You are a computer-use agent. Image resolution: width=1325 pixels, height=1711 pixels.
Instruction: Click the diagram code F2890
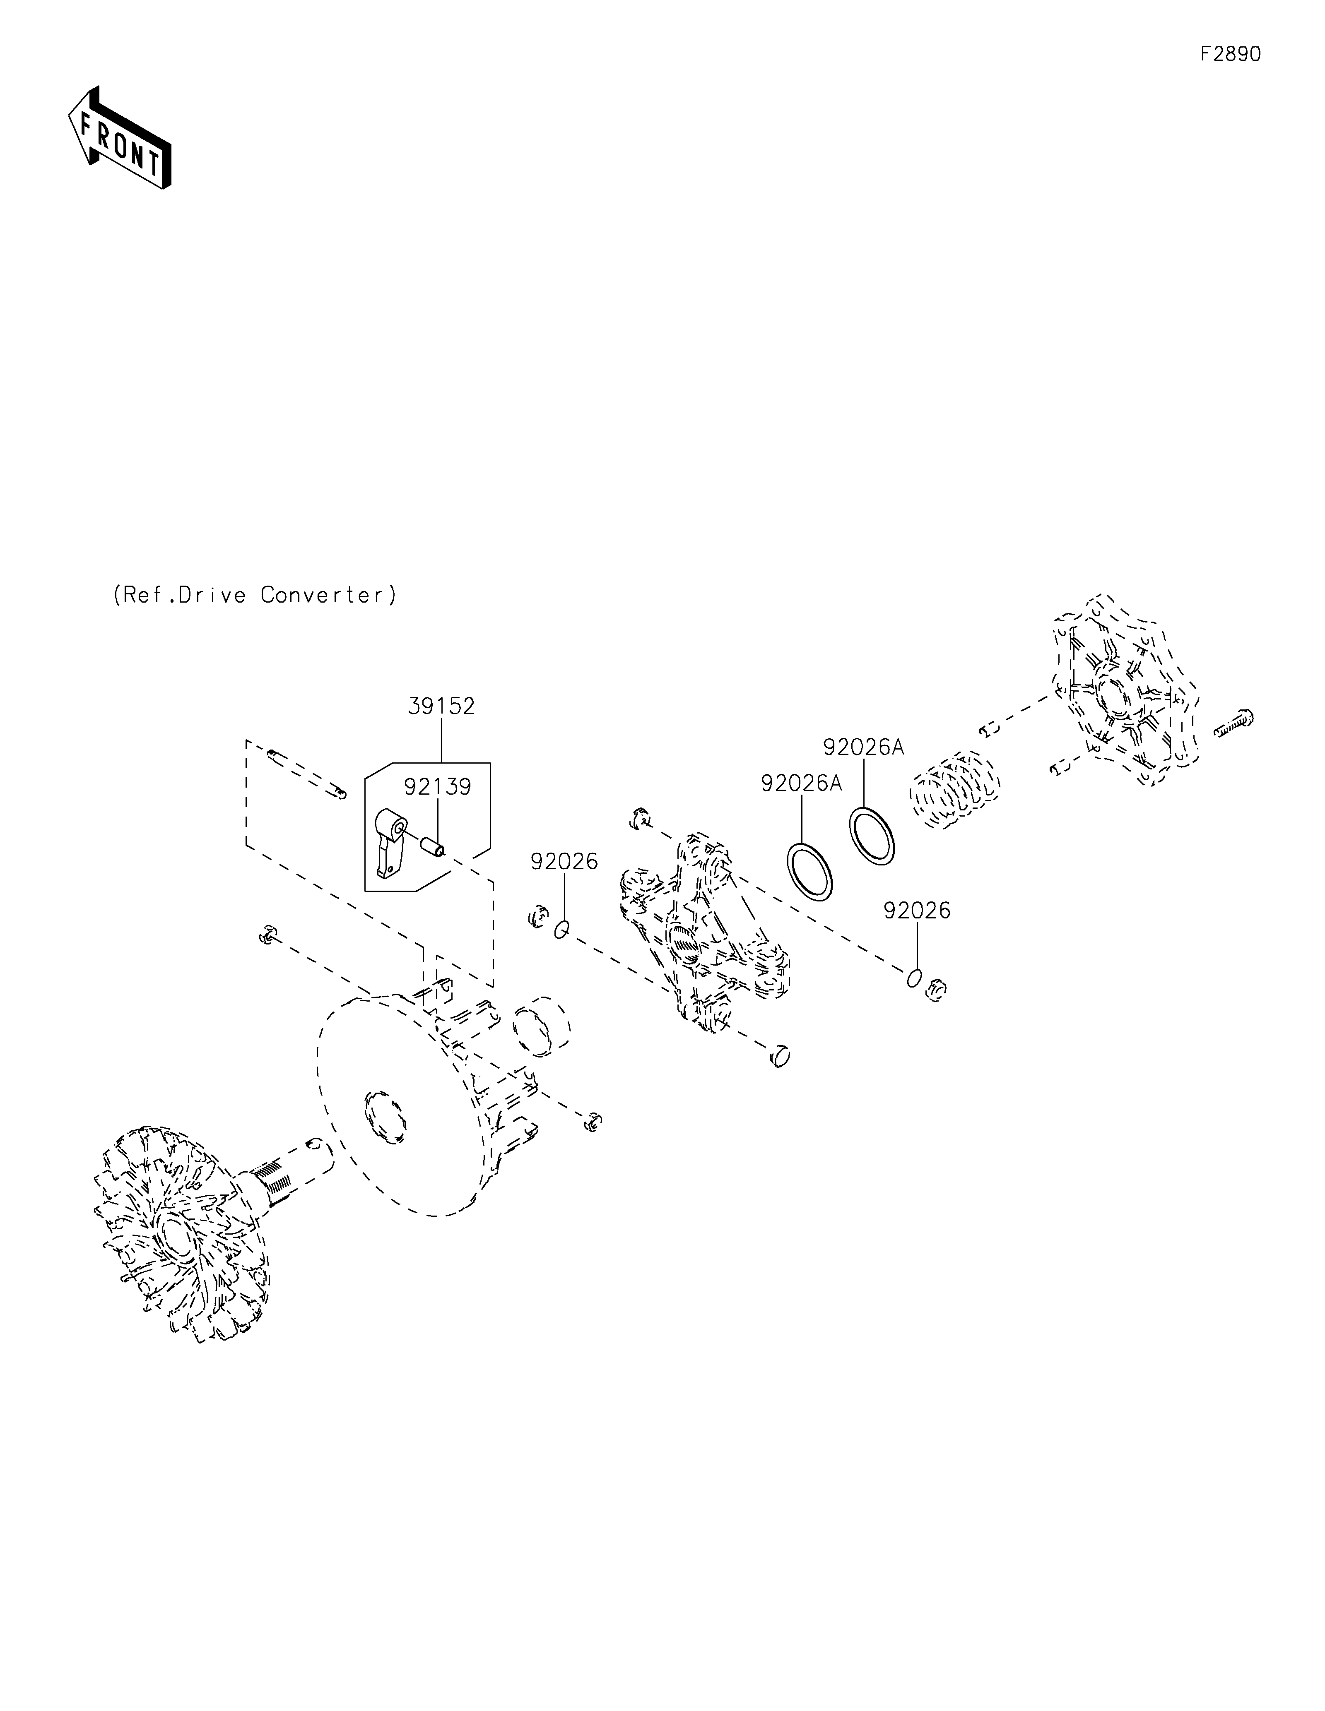(x=1230, y=54)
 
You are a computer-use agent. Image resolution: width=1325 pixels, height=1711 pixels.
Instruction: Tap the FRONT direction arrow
(x=119, y=139)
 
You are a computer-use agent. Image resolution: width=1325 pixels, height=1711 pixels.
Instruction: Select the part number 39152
(x=441, y=706)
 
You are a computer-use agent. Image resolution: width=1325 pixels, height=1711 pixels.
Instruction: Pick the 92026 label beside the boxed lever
(x=564, y=861)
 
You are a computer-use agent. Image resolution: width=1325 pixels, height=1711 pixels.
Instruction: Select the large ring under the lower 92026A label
(x=809, y=870)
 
